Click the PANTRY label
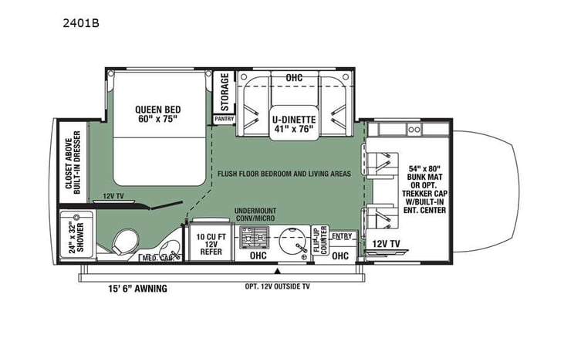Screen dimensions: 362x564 pos(224,119)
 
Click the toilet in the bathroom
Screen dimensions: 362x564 pos(123,242)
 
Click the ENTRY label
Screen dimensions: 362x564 pos(341,235)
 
